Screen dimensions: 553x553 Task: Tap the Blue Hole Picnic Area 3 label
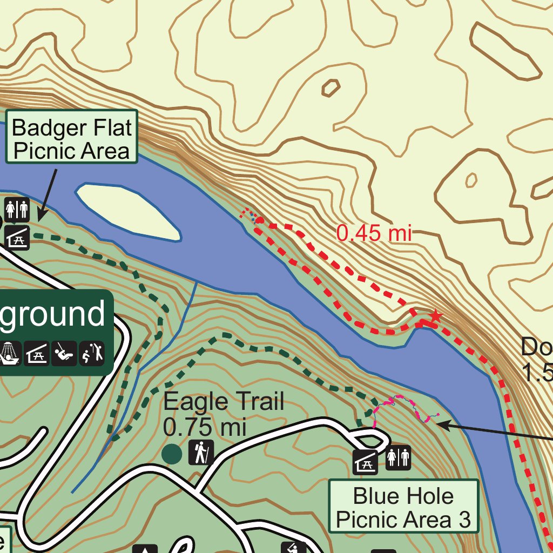tap(403, 507)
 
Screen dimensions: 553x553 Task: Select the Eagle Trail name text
tap(224, 402)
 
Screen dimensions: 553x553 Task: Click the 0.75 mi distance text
tap(205, 427)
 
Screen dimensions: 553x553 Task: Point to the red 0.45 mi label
tap(374, 233)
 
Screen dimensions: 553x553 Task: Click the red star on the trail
tap(435, 315)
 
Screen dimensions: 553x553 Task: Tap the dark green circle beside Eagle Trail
tap(172, 454)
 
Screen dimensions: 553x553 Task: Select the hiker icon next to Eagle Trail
tap(201, 453)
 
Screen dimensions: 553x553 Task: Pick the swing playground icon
tap(64, 354)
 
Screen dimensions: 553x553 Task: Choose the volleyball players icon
tap(93, 354)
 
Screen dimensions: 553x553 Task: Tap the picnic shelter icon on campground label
tap(37, 354)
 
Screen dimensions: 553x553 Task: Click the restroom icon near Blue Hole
tap(399, 458)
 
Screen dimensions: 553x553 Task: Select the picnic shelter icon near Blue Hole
tap(366, 463)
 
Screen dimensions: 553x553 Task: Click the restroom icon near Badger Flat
tap(17, 210)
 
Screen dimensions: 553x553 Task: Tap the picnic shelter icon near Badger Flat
tap(17, 237)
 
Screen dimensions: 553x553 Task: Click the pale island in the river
tap(128, 211)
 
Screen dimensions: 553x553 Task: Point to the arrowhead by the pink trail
tap(440, 424)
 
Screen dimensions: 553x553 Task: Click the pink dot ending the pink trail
tap(437, 415)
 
